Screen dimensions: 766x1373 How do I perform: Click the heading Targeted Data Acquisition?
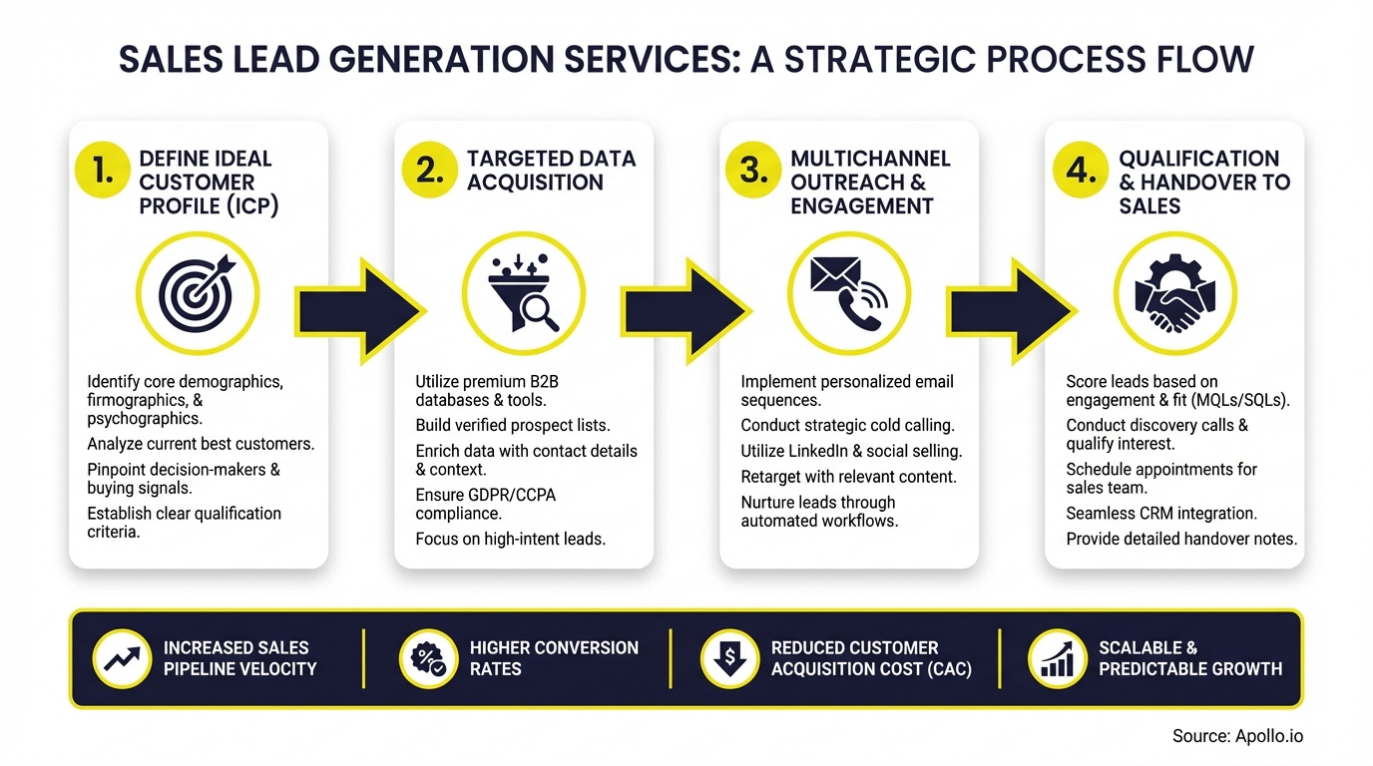[x=551, y=171]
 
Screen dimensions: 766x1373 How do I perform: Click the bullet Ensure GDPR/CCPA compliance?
[x=486, y=504]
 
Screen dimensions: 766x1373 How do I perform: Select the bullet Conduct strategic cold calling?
[x=847, y=425]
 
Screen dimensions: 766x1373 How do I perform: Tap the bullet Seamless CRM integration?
[x=1160, y=513]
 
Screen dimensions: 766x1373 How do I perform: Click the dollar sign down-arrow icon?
[x=729, y=658]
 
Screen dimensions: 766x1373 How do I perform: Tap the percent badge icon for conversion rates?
[x=428, y=658]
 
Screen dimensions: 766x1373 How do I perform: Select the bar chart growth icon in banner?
[x=1057, y=658]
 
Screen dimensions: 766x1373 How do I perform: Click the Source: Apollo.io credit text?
[x=1237, y=736]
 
